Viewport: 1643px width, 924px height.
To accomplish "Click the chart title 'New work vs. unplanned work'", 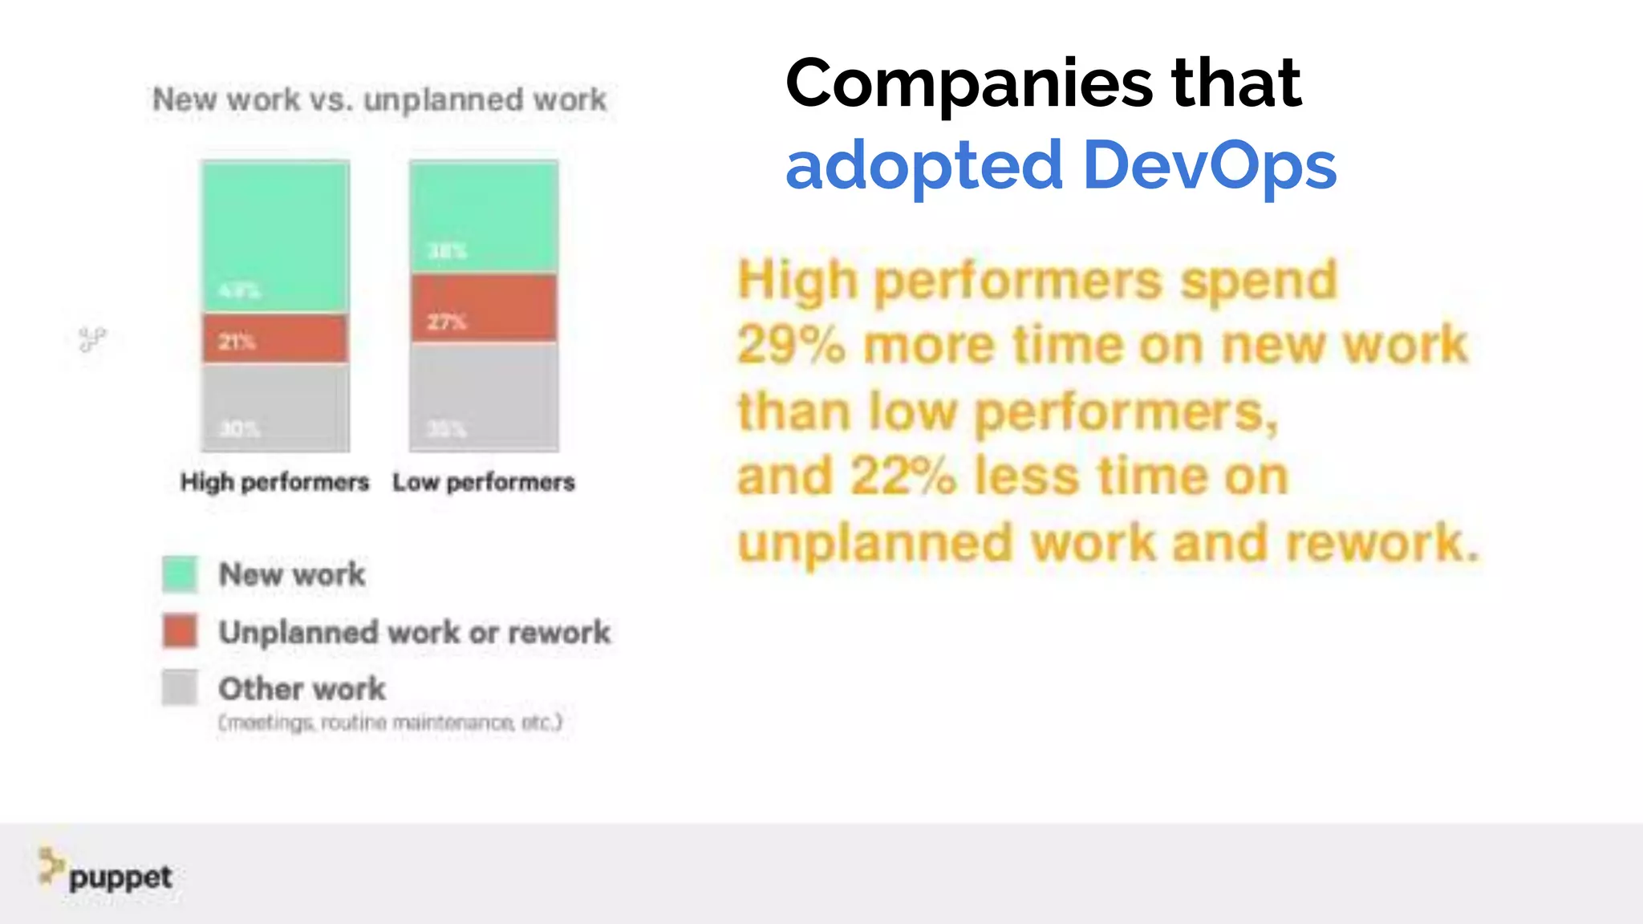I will point(379,99).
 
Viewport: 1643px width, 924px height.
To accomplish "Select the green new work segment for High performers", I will point(275,237).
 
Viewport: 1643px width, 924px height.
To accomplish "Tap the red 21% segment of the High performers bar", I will point(275,338).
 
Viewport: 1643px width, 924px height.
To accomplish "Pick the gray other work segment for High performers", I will point(275,407).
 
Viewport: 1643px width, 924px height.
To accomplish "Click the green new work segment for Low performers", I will point(484,217).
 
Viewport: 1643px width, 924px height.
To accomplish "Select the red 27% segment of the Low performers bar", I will point(484,309).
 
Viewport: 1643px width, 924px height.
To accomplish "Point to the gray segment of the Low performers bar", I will point(484,396).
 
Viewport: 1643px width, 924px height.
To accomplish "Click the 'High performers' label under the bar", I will point(274,482).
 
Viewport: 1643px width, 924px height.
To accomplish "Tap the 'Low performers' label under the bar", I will point(484,482).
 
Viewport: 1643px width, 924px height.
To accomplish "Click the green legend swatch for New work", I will point(180,574).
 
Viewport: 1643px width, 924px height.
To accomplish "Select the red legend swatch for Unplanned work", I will point(180,631).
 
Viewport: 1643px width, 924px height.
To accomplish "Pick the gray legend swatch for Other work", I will point(180,687).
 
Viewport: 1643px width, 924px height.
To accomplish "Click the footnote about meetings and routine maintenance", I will point(391,723).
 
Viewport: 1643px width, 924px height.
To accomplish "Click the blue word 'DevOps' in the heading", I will point(1209,165).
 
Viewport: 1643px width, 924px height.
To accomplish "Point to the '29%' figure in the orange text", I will point(791,346).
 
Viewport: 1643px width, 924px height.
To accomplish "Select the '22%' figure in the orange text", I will point(903,476).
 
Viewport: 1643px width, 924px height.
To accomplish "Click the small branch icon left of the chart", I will point(92,339).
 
